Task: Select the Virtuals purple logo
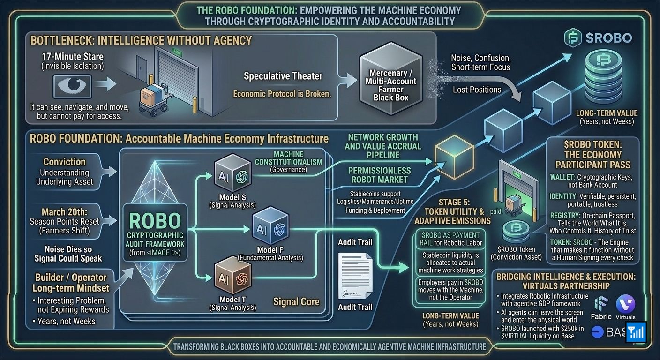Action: click(x=625, y=304)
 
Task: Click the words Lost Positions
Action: click(x=477, y=90)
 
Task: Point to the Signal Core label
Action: click(x=296, y=301)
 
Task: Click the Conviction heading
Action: click(x=65, y=162)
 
